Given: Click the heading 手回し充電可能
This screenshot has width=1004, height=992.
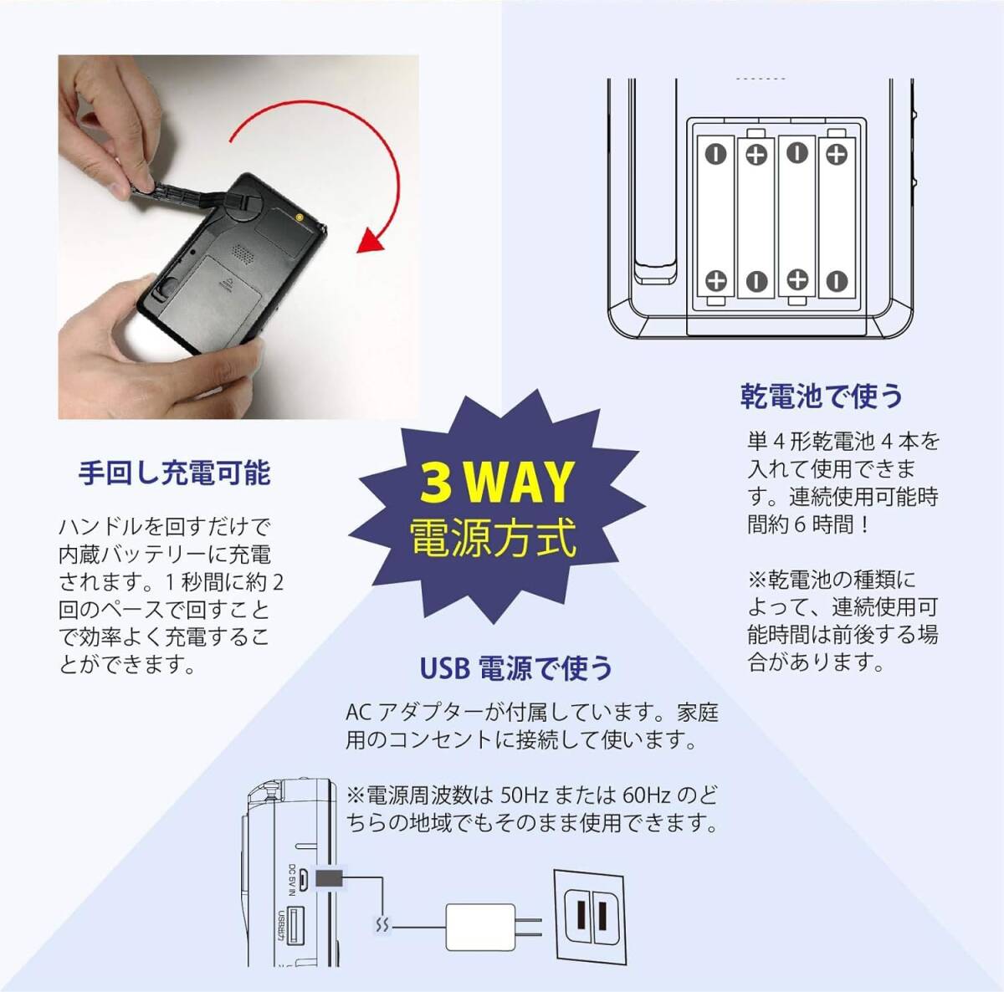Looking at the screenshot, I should (174, 473).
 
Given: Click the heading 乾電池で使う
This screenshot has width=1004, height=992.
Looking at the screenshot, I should (822, 396).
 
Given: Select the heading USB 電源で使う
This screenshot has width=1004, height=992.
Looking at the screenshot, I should (516, 667).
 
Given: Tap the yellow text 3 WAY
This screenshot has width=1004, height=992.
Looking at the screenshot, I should (495, 482).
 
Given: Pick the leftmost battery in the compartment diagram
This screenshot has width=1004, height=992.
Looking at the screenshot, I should (716, 217).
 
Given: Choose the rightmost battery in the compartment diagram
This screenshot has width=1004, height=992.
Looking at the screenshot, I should (838, 217).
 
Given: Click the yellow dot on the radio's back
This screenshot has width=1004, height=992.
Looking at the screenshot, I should (300, 217).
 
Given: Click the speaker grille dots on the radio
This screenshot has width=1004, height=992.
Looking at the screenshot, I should (242, 251).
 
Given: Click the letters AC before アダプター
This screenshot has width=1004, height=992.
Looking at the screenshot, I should (358, 713).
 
